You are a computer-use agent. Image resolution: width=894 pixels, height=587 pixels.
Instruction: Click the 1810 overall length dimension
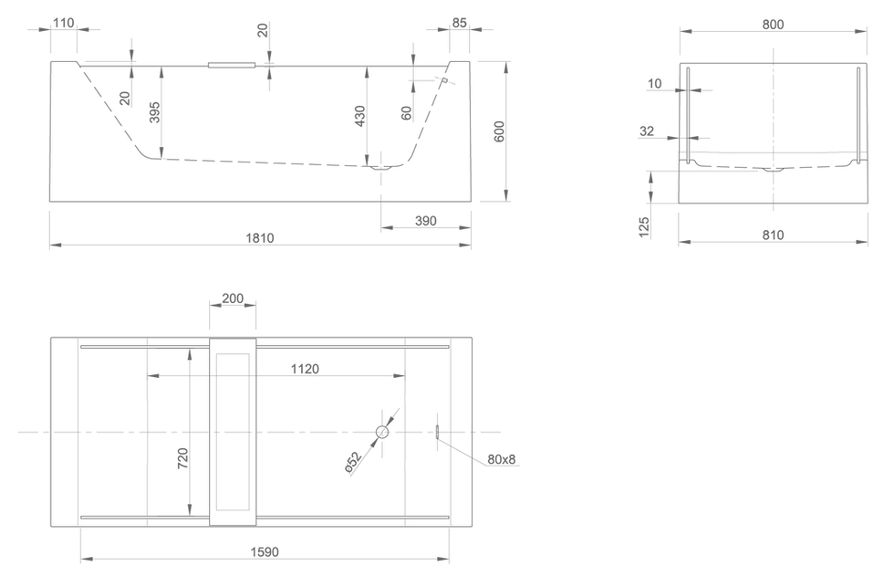260,238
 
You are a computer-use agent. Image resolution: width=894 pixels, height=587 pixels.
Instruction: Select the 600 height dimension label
499,131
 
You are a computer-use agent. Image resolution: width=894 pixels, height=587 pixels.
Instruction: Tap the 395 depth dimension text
154,112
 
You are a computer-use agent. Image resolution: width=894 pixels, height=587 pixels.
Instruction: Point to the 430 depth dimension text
359,116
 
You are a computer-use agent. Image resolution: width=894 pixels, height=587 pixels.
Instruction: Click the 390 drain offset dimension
426,221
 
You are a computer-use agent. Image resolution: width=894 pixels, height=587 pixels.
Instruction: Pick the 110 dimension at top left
63,23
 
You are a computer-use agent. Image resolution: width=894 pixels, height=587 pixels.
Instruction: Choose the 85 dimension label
460,23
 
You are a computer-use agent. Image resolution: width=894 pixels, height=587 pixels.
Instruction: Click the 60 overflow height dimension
406,113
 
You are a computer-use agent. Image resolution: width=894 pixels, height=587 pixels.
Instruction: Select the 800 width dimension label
774,25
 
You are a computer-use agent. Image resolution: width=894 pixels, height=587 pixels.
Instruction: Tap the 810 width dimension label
774,235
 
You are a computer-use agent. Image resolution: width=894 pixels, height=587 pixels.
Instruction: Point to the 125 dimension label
644,226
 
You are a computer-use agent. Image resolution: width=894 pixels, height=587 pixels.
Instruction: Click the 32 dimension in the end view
647,131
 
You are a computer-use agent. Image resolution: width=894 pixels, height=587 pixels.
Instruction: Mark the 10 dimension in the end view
655,84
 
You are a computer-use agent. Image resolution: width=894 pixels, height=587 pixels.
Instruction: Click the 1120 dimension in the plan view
305,369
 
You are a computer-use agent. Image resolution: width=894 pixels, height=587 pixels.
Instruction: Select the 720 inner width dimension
183,458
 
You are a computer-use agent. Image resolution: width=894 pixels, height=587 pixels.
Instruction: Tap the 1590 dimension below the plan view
265,551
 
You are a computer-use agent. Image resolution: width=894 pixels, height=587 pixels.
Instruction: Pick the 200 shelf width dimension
233,299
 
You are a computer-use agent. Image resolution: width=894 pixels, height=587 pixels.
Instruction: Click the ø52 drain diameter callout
354,462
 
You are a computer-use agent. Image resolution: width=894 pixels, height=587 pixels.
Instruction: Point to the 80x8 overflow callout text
502,459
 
